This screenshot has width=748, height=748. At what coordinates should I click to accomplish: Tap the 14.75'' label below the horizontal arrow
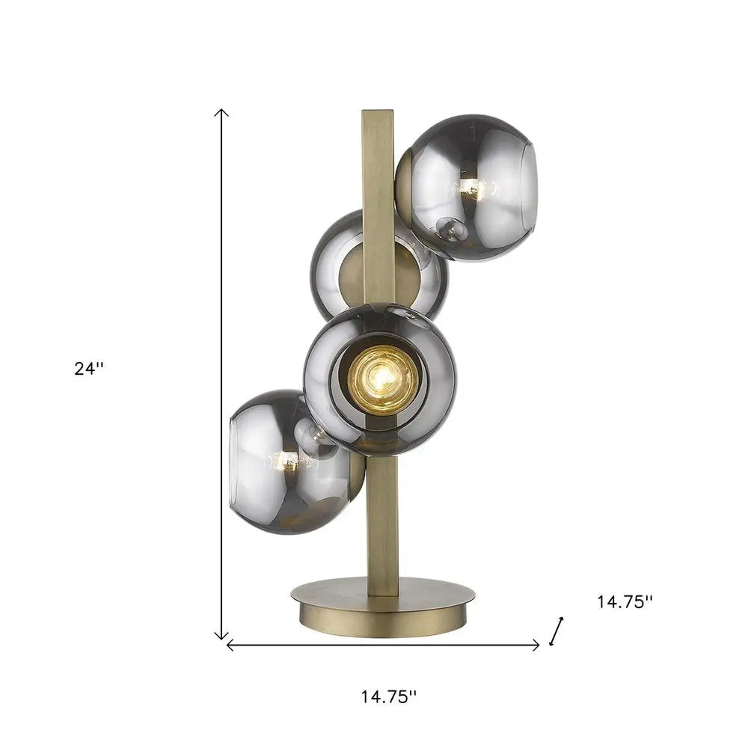pyautogui.click(x=388, y=697)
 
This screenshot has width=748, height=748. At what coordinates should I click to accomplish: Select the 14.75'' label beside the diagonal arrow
pyautogui.click(x=625, y=601)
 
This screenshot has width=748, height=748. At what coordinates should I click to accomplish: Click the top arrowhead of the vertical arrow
pyautogui.click(x=221, y=112)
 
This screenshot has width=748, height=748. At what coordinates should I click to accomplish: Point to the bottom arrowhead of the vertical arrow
pyautogui.click(x=221, y=636)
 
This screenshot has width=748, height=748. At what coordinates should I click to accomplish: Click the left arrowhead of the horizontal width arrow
pyautogui.click(x=230, y=645)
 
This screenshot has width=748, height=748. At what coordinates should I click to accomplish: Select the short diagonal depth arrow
pyautogui.click(x=556, y=630)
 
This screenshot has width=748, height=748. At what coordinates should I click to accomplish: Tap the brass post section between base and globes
pyautogui.click(x=381, y=524)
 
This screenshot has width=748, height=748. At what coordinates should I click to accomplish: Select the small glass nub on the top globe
pyautogui.click(x=453, y=228)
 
